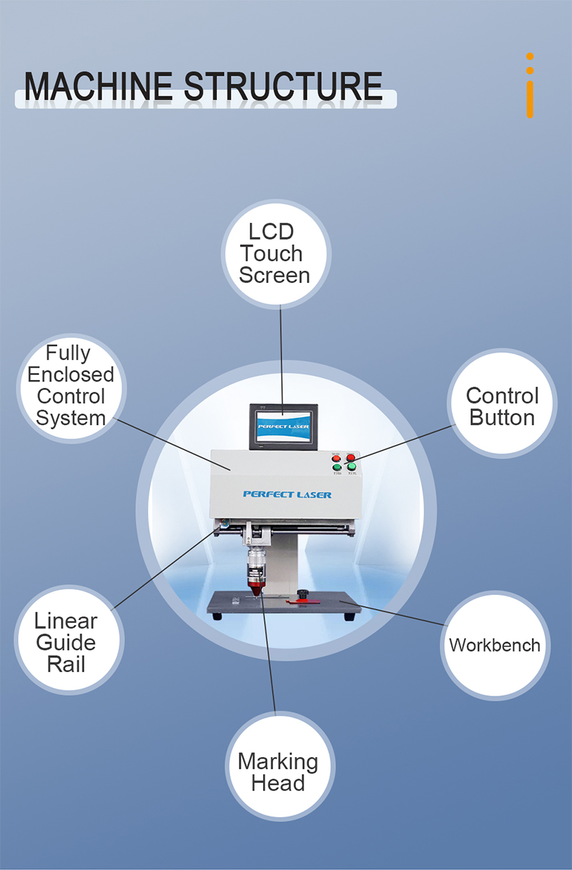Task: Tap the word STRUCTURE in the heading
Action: [x=283, y=86]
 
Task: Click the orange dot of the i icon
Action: [x=530, y=56]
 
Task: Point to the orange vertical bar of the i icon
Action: [x=530, y=99]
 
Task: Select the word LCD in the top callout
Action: [x=271, y=231]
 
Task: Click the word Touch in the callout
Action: [x=271, y=254]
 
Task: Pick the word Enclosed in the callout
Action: [x=71, y=374]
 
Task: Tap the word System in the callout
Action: [x=71, y=418]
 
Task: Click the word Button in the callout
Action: [x=502, y=417]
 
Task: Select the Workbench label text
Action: [x=495, y=645]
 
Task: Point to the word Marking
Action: [x=277, y=761]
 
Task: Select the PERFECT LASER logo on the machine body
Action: [x=287, y=494]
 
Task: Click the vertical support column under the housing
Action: [x=289, y=564]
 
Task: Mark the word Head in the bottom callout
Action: [x=277, y=784]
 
